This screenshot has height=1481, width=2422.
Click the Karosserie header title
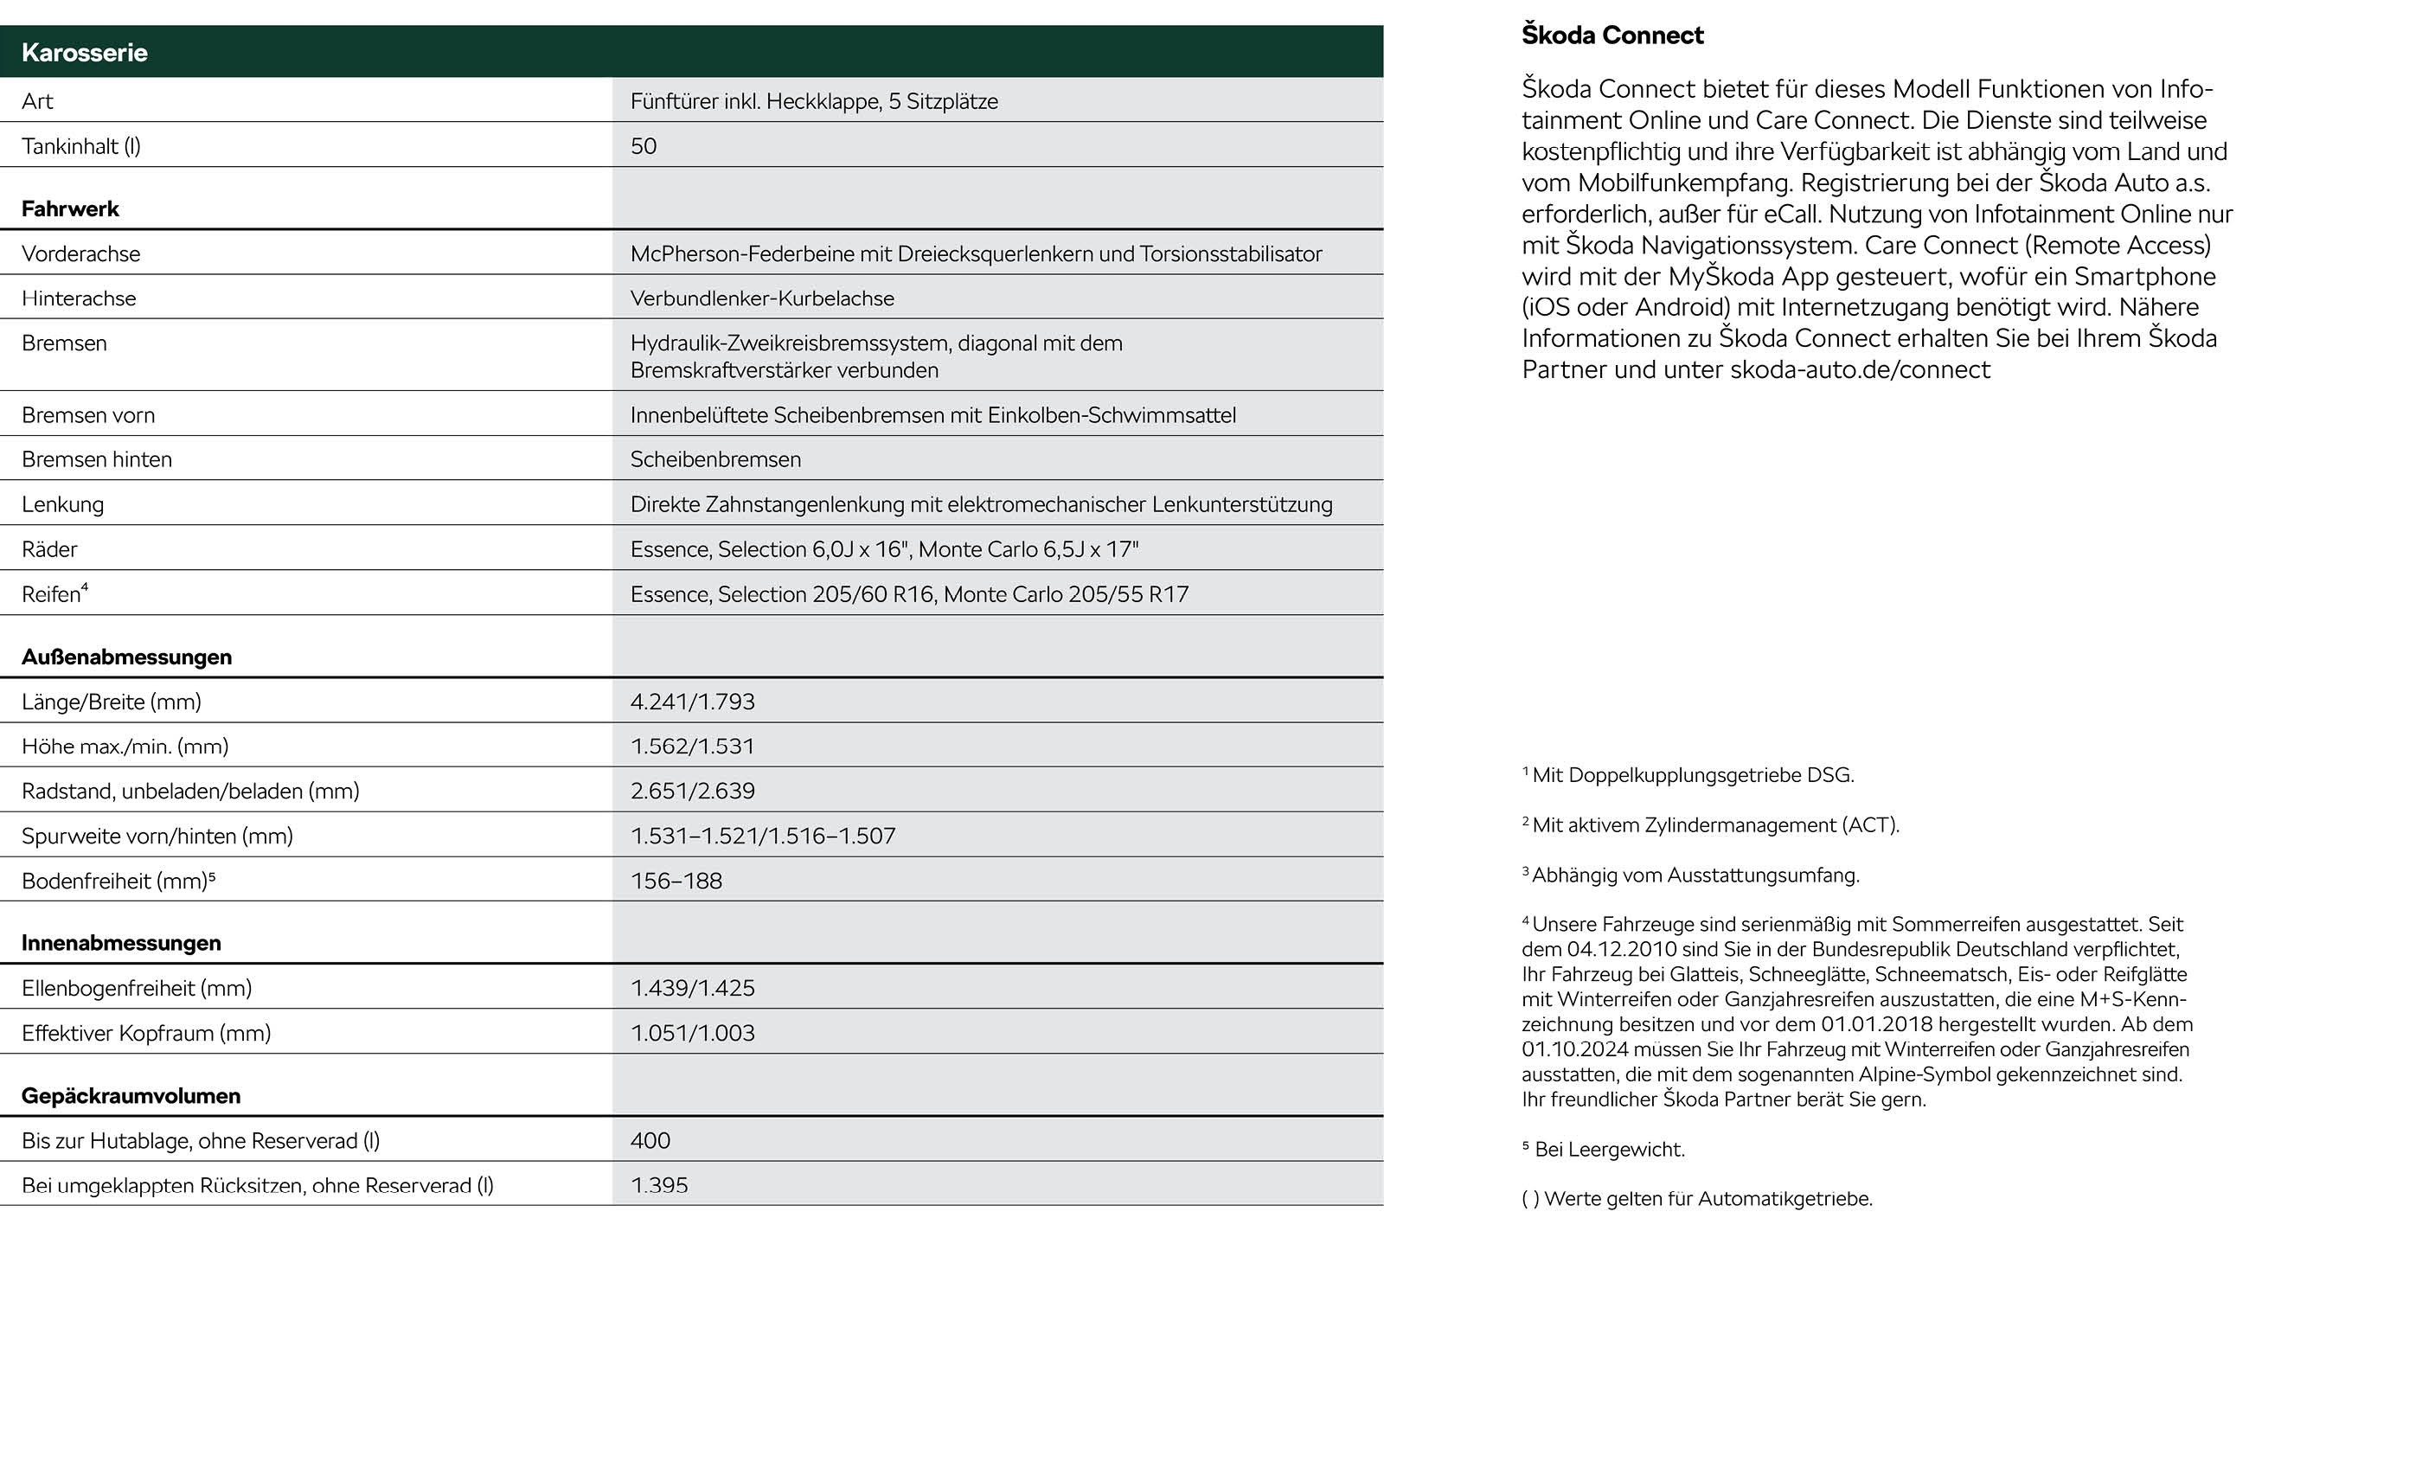tap(85, 53)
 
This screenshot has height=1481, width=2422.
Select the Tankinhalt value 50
tap(643, 146)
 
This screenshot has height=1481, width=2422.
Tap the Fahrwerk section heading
tap(70, 209)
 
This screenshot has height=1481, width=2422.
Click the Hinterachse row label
tap(79, 298)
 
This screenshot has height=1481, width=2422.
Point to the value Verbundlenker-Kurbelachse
tap(762, 298)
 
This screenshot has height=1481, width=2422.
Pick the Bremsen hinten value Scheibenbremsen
tap(714, 460)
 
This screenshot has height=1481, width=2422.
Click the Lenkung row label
tap(62, 505)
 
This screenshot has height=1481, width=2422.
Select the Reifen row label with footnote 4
tap(54, 594)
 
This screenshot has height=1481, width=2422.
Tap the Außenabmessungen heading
tap(127, 657)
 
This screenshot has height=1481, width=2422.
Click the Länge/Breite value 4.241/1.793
tap(692, 702)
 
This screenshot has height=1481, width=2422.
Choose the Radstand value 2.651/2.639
tap(692, 792)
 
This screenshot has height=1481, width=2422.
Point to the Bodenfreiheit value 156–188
tap(676, 882)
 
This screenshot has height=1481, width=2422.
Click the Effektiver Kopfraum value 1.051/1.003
tap(692, 1033)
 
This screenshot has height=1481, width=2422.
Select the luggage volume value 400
tap(650, 1141)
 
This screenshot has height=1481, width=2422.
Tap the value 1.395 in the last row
tap(658, 1185)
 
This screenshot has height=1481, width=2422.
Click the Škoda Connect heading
tap(1612, 35)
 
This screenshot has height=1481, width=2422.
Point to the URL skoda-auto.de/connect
tap(1860, 370)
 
